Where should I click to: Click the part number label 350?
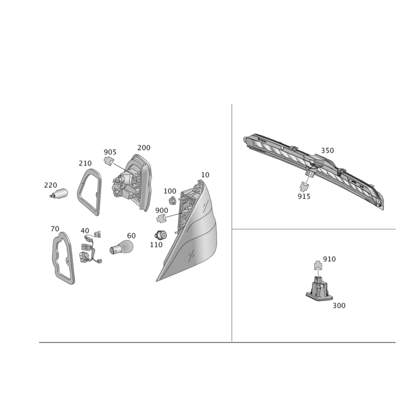pyautogui.click(x=327, y=151)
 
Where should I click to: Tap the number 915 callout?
pyautogui.click(x=304, y=197)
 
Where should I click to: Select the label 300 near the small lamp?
pyautogui.click(x=339, y=305)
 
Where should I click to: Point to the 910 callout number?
pyautogui.click(x=329, y=259)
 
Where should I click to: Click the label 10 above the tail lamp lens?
pyautogui.click(x=205, y=175)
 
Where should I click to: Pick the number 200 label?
pyautogui.click(x=144, y=147)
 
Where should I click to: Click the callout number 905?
pyautogui.click(x=110, y=152)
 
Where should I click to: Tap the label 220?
pyautogui.click(x=50, y=185)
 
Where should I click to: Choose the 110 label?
pyautogui.click(x=156, y=245)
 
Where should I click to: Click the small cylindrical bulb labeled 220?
pyautogui.click(x=60, y=194)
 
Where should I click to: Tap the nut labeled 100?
pyautogui.click(x=173, y=201)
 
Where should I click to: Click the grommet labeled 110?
pyautogui.click(x=160, y=235)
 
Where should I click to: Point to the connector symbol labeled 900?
pyautogui.click(x=161, y=218)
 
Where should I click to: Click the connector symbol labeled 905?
pyautogui.click(x=109, y=160)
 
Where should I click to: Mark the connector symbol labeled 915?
pyautogui.click(x=304, y=186)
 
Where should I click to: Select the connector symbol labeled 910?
pyautogui.click(x=318, y=265)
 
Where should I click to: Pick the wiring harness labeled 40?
pyautogui.click(x=91, y=247)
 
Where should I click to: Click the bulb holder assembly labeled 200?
pyautogui.click(x=132, y=183)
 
